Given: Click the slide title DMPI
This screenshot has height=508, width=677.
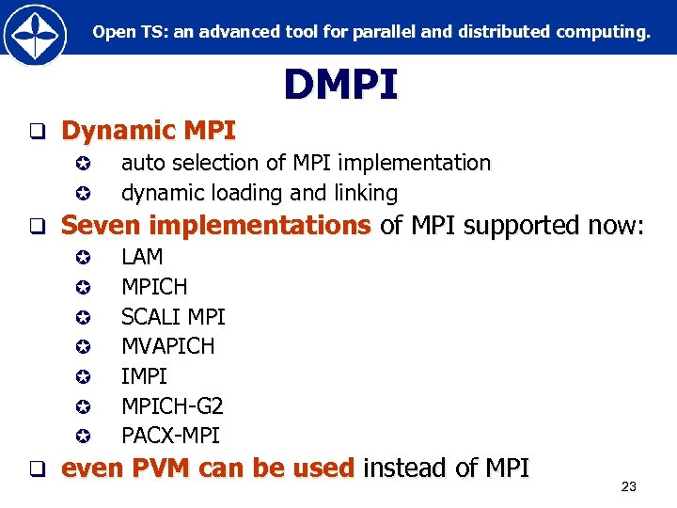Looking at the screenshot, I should coord(340,85).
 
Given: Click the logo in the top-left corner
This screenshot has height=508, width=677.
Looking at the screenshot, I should coord(34,34).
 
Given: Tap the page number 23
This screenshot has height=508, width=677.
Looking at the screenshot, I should coord(629,486).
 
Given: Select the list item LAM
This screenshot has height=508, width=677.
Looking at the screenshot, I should coord(142,256).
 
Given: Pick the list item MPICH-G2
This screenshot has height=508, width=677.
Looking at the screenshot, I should coord(172,405).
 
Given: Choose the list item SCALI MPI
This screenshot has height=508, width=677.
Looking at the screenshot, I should coord(173,316).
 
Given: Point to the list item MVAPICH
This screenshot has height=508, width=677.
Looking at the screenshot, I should coord(167,346).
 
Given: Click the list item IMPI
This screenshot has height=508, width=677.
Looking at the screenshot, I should coord(144,376).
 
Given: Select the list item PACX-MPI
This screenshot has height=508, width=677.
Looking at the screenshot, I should coord(170,436).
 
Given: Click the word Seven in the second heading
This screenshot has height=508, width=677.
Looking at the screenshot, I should coord(102,226).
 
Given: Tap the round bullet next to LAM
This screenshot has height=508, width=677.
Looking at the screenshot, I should coord(83,257).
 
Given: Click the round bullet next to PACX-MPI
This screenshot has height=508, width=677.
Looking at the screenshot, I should coord(83,437).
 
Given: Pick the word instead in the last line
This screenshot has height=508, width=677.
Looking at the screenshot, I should coord(406,467).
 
